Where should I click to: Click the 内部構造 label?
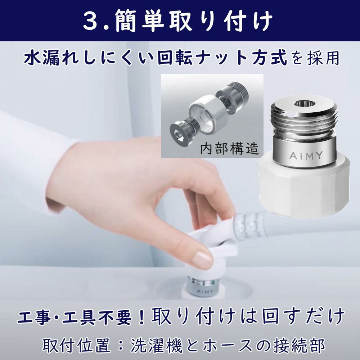pyautogui.click(x=230, y=149)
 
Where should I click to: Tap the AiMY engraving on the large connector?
pyautogui.click(x=306, y=156)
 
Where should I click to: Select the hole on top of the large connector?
pyautogui.click(x=305, y=104)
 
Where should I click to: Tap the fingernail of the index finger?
pyautogui.click(x=202, y=258)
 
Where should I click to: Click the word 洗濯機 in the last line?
pyautogui.click(x=157, y=345)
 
